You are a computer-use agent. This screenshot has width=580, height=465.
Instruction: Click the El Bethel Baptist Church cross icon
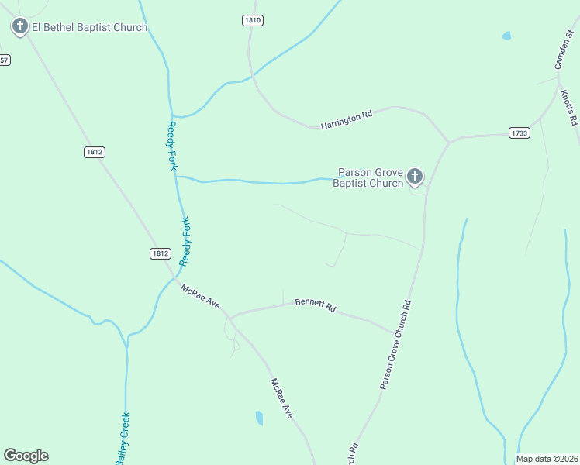[19, 27]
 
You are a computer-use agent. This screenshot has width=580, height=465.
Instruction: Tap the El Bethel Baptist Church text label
[89, 28]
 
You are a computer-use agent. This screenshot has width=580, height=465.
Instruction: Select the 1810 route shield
[252, 20]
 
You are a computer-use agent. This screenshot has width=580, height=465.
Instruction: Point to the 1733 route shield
[520, 133]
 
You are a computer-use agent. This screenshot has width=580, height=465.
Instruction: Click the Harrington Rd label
[347, 119]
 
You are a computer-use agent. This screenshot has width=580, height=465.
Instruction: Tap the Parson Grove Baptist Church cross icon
[415, 177]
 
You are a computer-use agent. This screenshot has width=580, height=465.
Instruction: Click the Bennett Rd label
[315, 305]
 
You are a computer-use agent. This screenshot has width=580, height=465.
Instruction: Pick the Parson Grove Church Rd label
[395, 345]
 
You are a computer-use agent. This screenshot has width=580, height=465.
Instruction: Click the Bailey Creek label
[123, 438]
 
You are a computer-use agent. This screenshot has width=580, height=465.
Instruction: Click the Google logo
[26, 456]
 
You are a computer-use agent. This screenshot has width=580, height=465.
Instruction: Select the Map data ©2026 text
[547, 459]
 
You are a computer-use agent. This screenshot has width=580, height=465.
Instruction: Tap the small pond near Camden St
[506, 36]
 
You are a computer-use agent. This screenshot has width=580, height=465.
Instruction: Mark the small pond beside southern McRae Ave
[259, 418]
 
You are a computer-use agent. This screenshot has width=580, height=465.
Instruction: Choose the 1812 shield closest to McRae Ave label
[160, 253]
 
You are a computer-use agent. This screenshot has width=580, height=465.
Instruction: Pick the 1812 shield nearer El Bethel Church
[95, 152]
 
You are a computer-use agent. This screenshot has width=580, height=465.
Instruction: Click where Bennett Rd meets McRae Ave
[230, 318]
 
